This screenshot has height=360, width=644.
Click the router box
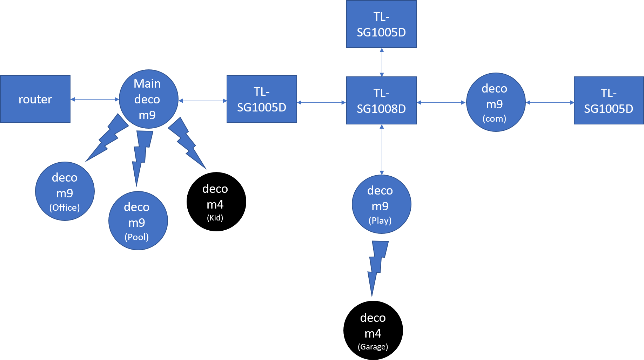(35, 99)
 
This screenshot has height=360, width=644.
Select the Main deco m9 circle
(148, 99)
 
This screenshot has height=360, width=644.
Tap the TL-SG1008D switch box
(381, 101)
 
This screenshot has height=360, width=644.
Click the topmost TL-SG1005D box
(381, 24)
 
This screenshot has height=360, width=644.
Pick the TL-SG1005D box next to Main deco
(262, 99)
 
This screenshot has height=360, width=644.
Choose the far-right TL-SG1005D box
(609, 101)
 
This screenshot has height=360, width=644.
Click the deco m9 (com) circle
(495, 102)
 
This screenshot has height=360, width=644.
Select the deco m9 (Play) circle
(381, 204)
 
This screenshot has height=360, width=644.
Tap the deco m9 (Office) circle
(65, 191)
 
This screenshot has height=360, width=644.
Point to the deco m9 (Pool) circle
(138, 221)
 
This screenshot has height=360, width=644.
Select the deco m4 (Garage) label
(373, 331)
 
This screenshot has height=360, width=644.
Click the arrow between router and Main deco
(95, 99)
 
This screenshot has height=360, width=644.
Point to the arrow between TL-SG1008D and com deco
(441, 102)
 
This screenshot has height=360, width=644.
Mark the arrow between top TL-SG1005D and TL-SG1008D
(382, 62)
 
